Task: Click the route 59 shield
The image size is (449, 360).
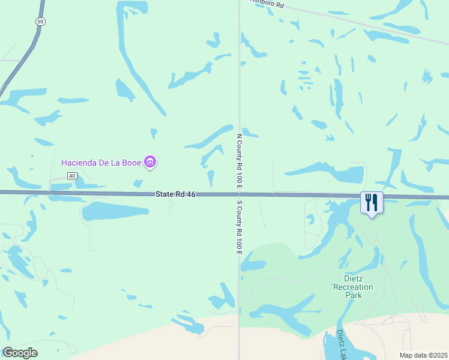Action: [40, 21]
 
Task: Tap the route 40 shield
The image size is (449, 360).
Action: [71, 176]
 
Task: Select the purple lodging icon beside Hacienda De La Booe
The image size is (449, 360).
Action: [151, 162]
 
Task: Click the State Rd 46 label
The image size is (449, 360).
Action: [175, 194]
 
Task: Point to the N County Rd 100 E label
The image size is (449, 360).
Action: [240, 160]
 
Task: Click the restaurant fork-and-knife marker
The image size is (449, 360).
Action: [372, 202]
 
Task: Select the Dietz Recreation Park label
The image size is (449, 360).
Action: [354, 287]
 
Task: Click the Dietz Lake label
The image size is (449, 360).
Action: [341, 344]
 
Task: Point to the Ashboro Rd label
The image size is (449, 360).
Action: [267, 4]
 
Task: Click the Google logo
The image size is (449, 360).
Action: [20, 353]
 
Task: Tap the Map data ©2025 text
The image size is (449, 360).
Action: [423, 355]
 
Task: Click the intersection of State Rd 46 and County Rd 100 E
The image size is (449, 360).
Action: [239, 194]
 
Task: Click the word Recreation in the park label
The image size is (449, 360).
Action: [354, 287]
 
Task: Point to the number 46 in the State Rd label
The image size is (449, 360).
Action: [191, 194]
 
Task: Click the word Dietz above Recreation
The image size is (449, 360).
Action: [354, 278]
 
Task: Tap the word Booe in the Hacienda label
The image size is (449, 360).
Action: [131, 163]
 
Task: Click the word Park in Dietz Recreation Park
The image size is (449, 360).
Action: [354, 295]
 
